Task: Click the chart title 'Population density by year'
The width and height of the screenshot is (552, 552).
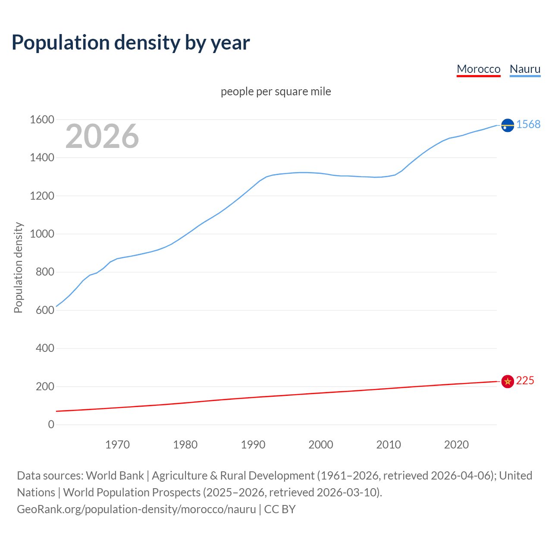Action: point(131,43)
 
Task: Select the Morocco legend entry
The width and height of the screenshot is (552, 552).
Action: point(478,69)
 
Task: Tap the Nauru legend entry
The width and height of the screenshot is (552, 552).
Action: point(525,69)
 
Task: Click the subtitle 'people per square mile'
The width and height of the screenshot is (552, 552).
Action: point(276,92)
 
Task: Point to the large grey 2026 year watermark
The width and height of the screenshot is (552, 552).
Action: point(102,136)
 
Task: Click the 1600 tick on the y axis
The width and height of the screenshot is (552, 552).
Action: point(42,119)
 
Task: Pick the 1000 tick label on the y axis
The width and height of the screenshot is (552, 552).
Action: point(42,234)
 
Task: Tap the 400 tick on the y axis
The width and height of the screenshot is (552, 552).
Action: point(45,348)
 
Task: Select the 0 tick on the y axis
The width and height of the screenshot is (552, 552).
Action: point(51,424)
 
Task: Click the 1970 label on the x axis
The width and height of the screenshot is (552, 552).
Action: point(117,445)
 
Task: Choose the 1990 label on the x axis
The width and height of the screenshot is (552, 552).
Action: point(253,445)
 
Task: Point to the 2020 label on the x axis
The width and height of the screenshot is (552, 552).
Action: point(456,445)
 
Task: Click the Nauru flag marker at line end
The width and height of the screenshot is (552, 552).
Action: point(508,125)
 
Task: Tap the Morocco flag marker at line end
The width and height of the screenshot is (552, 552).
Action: point(508,381)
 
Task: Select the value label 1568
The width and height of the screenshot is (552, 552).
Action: point(528,124)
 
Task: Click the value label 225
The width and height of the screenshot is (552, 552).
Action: point(525,380)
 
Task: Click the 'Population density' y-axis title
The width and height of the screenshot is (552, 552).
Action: point(18,267)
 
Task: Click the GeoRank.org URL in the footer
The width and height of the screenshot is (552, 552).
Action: point(136,509)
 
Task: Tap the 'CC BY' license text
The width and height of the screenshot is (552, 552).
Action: point(280,509)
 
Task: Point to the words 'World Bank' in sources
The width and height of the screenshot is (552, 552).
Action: point(115,476)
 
